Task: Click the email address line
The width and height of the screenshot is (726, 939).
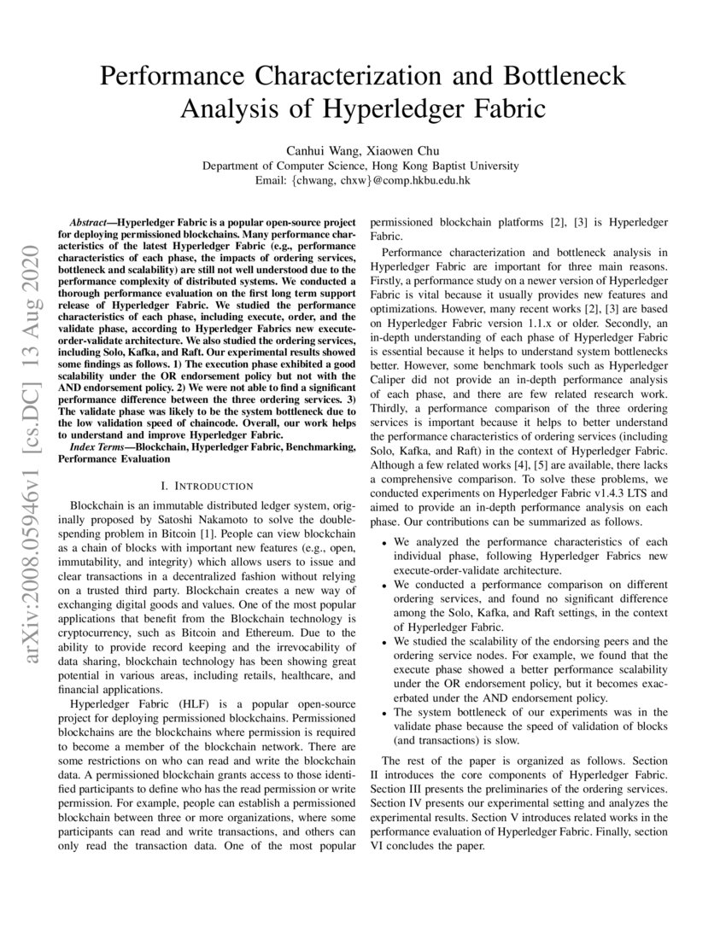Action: click(363, 180)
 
